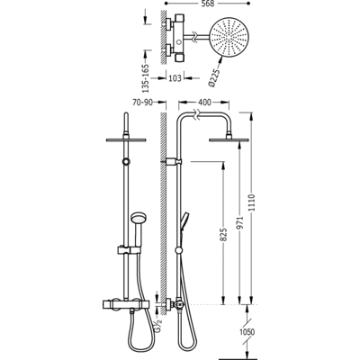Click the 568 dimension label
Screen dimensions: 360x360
click(207, 4)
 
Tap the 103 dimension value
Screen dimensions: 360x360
click(175, 78)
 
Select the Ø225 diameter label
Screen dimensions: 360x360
click(214, 78)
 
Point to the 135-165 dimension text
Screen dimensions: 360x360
click(146, 78)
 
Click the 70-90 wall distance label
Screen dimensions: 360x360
click(142, 103)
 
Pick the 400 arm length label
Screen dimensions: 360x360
click(204, 103)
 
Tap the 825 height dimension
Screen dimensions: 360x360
click(224, 235)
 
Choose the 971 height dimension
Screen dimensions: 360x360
click(241, 222)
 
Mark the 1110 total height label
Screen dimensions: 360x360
click(251, 202)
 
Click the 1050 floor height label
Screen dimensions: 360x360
click(247, 332)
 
